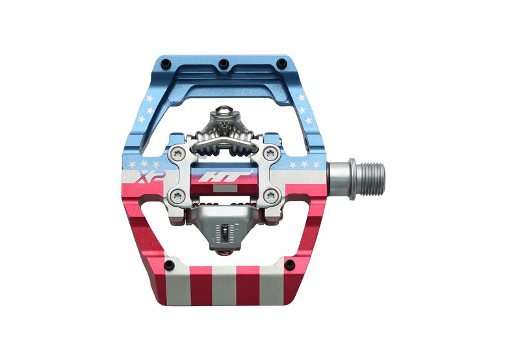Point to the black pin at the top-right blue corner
[x=282, y=62]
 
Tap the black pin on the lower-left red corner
[x=168, y=266]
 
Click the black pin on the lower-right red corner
[x=289, y=264]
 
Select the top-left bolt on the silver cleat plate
[x=177, y=153]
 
